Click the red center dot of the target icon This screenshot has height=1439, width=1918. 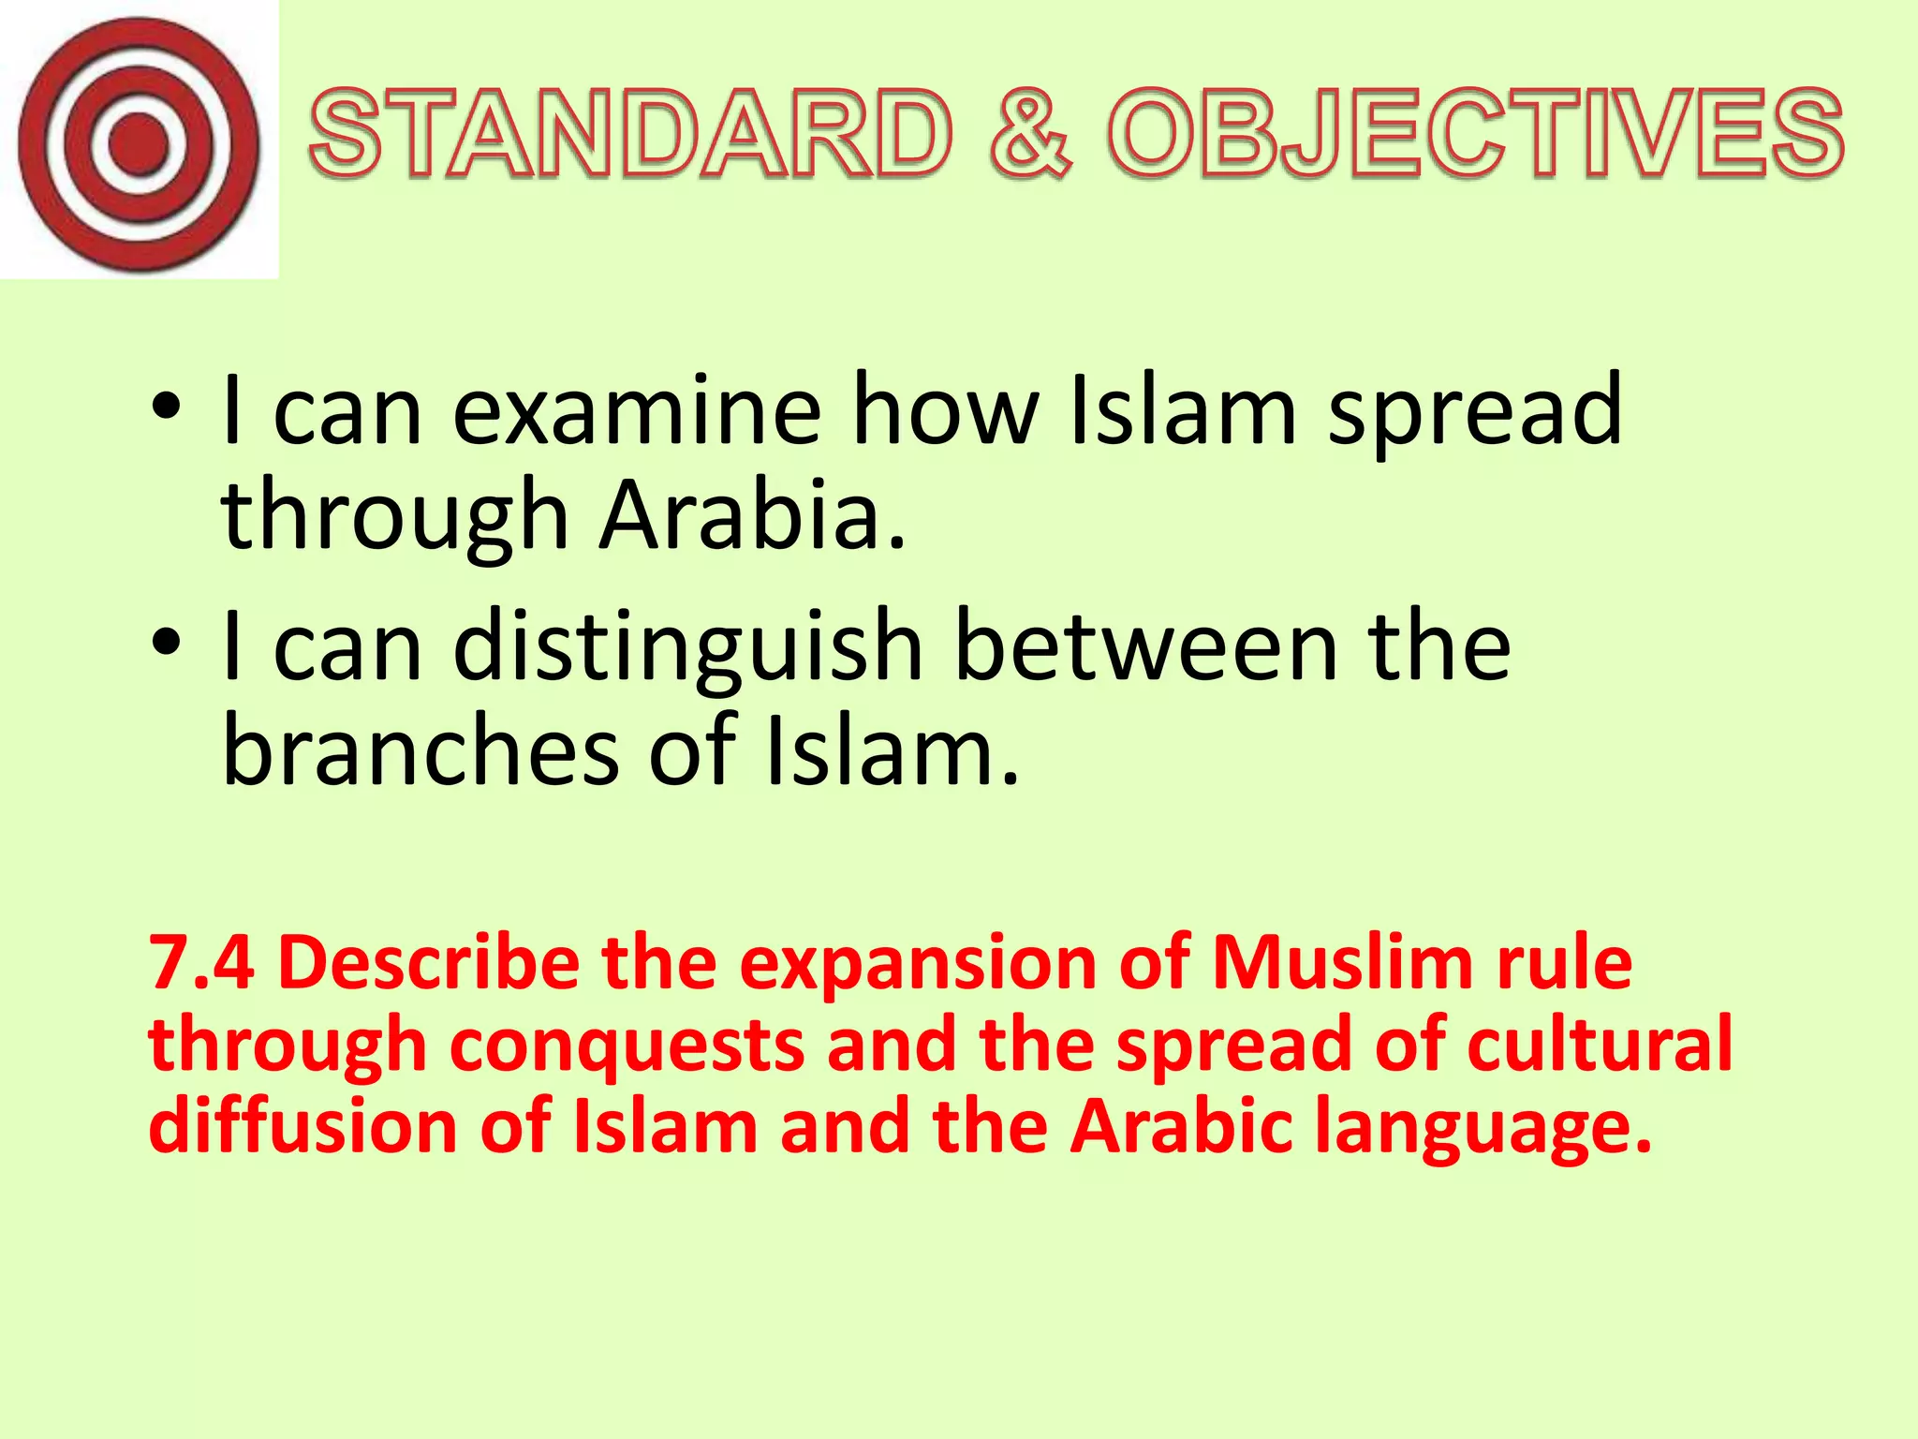click(x=139, y=143)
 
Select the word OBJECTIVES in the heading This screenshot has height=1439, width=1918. click(x=1475, y=134)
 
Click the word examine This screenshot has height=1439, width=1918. click(x=637, y=411)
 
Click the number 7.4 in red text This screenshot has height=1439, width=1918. click(x=201, y=963)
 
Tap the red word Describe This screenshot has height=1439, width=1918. click(x=429, y=963)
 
